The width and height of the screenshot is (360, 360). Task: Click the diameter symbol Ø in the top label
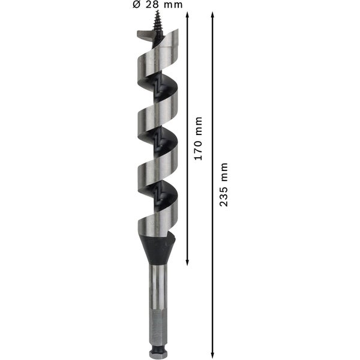(136, 5)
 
